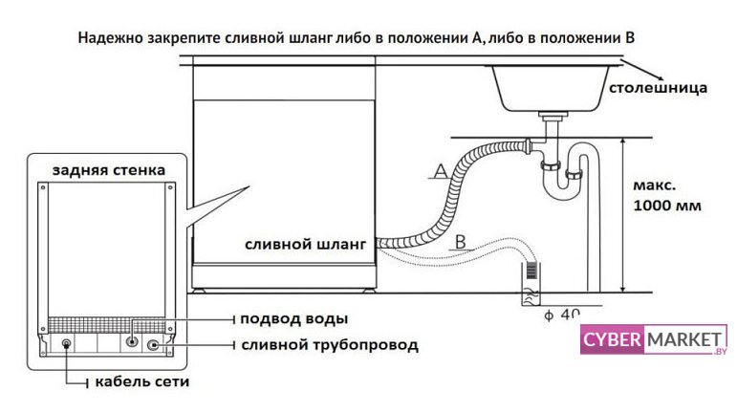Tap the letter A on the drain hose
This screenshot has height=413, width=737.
point(439,171)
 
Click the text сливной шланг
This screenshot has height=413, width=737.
point(305,245)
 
